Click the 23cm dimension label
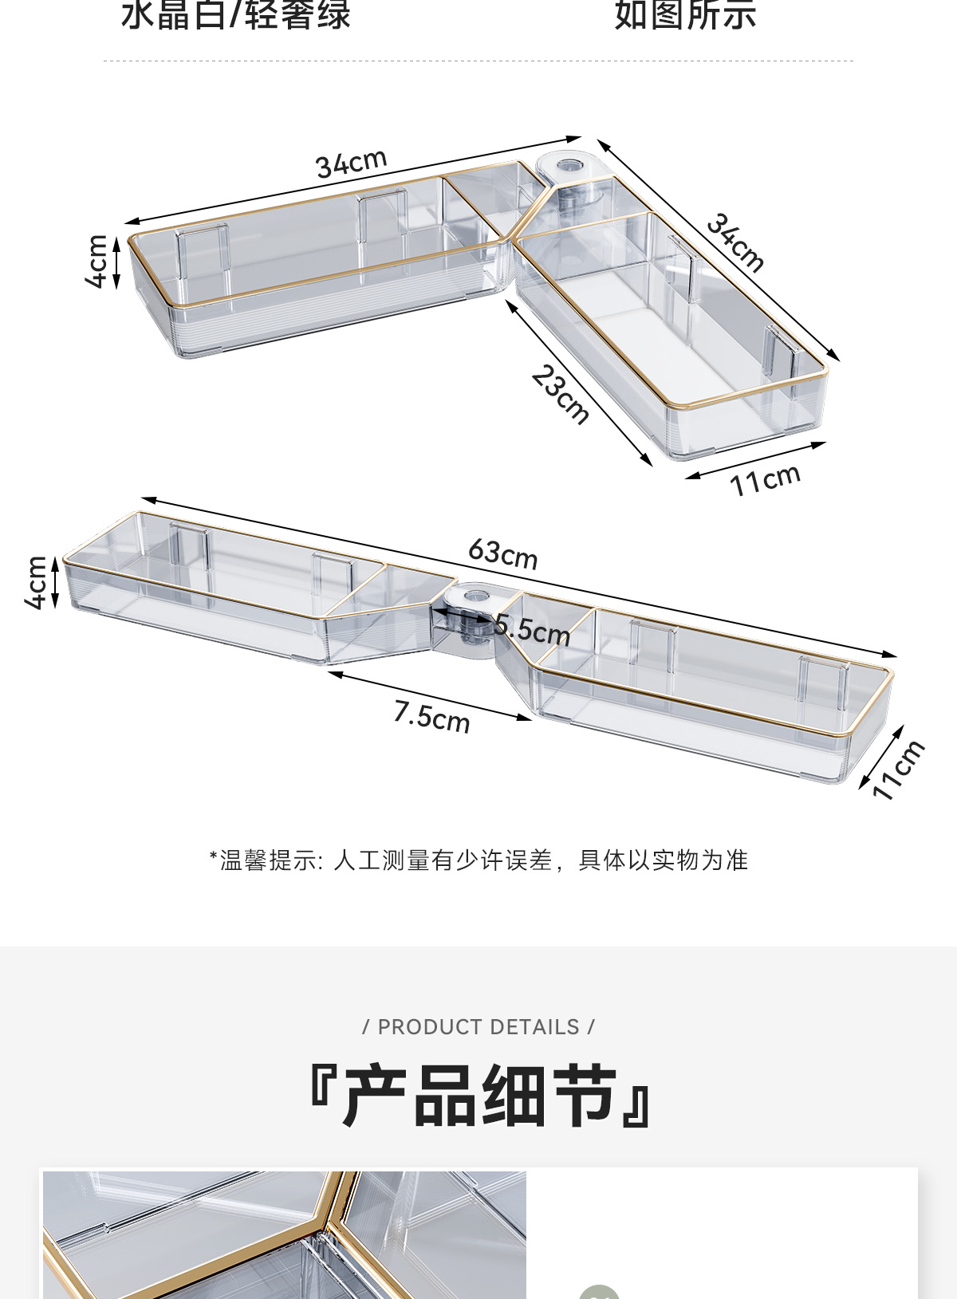[561, 394]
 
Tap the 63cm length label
[502, 553]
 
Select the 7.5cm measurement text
[431, 715]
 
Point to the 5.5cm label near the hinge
[532, 629]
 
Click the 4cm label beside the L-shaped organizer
[97, 261]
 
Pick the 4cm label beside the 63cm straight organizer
[37, 583]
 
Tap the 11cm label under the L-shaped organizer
[764, 480]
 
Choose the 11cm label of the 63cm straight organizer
[898, 770]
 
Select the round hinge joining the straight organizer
[473, 597]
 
